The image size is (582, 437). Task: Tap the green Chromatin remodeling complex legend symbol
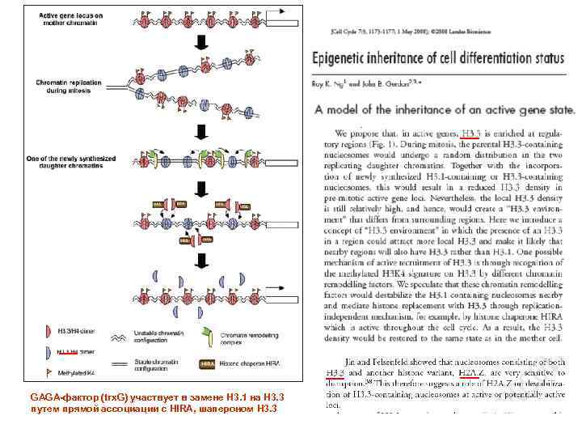(183, 333)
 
